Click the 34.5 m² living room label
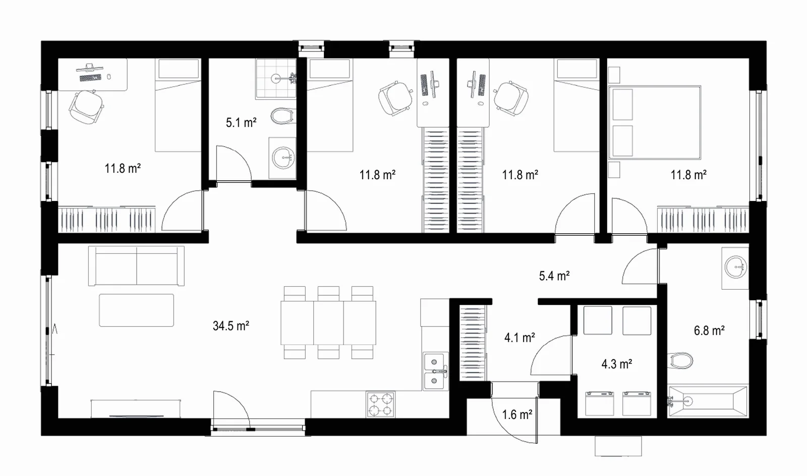coord(231,326)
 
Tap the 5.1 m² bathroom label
coord(241,123)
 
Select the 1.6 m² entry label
coord(517,415)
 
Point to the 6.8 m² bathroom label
coord(709,330)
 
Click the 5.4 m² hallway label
coord(554,276)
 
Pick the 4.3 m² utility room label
coord(617,364)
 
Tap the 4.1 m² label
coord(520,338)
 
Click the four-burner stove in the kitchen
coord(380,405)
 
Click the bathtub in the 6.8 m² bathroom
coord(708,401)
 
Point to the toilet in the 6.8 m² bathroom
coord(680,360)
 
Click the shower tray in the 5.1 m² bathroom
coord(276,78)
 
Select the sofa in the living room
coord(137,266)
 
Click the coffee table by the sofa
coord(137,310)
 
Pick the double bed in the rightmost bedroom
coord(655,123)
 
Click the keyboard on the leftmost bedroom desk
coord(90,78)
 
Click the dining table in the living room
coord(328,323)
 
